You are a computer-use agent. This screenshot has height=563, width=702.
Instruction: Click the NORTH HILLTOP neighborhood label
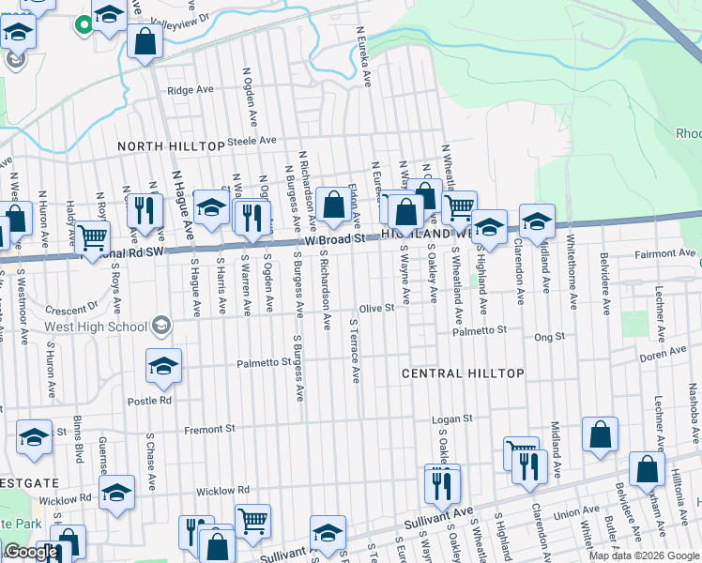(171, 147)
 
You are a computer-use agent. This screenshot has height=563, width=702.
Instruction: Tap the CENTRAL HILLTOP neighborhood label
(463, 373)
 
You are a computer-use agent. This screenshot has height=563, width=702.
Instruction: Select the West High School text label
(96, 327)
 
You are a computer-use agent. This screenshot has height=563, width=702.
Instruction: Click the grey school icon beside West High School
(161, 326)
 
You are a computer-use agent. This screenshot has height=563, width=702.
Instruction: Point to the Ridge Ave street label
(191, 91)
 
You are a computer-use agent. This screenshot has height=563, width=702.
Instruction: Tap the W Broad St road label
(335, 239)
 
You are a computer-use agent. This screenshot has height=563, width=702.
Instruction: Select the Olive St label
(375, 309)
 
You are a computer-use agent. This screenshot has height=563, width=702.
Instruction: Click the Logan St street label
(450, 419)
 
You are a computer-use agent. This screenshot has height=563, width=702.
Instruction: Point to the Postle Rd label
(152, 400)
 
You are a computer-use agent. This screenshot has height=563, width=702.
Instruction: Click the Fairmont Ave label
(662, 254)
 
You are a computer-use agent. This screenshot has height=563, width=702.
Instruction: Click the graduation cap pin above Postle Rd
(163, 367)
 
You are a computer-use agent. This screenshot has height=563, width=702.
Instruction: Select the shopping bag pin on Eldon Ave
(332, 205)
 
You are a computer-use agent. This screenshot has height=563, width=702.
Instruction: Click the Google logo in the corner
(31, 552)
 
